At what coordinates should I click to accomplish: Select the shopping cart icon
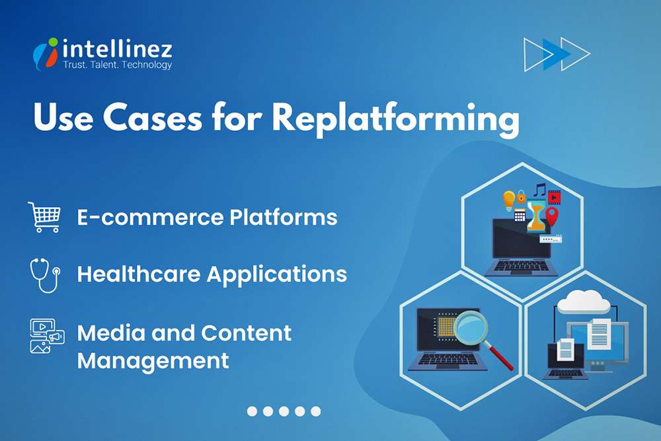coord(44,217)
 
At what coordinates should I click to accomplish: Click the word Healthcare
coord(138,274)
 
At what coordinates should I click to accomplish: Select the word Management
coord(153,361)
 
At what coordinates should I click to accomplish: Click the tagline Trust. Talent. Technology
coord(117,65)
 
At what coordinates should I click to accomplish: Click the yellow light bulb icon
coord(508,199)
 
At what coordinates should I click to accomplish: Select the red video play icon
coord(554,196)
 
